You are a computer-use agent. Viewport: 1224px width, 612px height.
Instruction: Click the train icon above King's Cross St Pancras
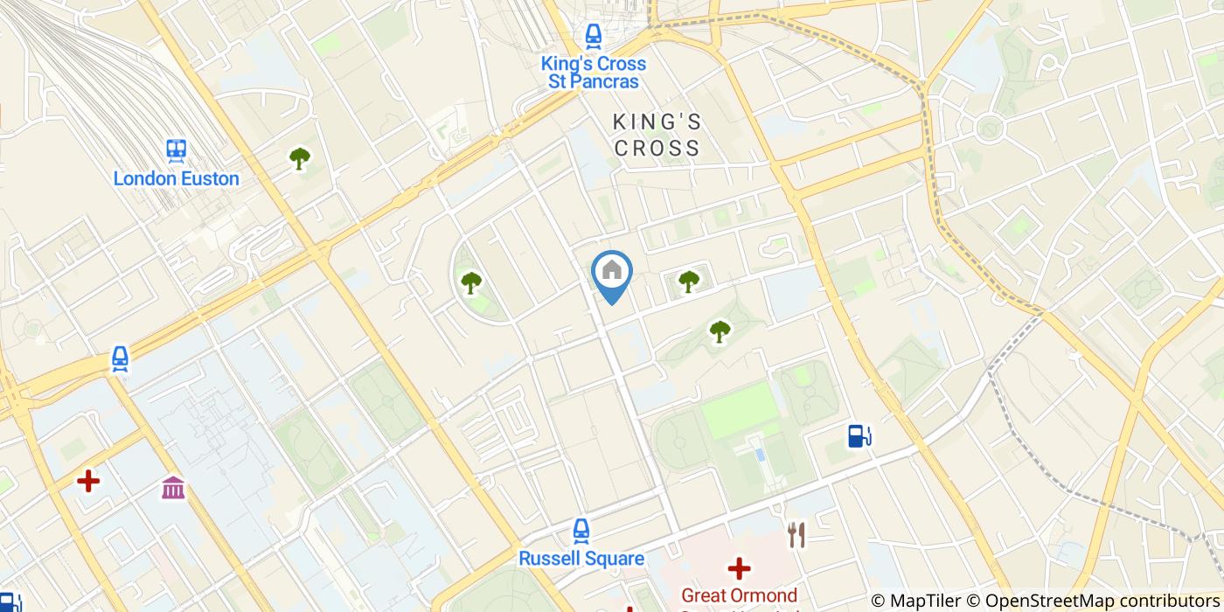click(x=594, y=36)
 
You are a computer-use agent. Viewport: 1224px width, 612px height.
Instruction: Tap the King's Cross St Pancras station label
click(x=594, y=73)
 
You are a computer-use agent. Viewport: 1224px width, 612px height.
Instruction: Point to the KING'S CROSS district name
click(x=657, y=135)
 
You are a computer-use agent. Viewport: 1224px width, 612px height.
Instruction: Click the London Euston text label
click(x=176, y=179)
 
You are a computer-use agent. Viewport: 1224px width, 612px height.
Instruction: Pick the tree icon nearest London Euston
click(x=300, y=158)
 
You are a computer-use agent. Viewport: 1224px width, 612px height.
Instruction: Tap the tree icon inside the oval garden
click(x=471, y=282)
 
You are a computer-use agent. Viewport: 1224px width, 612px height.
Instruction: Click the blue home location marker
click(x=612, y=273)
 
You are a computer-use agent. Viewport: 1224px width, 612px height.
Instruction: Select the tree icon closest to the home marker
click(x=689, y=281)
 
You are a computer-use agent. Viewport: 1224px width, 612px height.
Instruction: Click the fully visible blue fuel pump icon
click(x=859, y=435)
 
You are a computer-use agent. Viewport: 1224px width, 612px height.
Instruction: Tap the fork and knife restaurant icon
click(x=796, y=534)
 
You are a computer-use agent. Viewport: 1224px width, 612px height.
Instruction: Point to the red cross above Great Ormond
click(x=739, y=569)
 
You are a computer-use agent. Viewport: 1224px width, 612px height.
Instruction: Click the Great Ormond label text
click(x=739, y=596)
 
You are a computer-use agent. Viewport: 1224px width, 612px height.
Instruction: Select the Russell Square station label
click(x=581, y=559)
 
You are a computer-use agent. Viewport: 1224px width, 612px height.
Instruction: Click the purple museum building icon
click(x=173, y=487)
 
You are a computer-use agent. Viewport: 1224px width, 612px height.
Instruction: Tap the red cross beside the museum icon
click(x=87, y=481)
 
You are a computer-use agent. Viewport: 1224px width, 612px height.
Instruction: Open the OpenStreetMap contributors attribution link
click(x=1101, y=601)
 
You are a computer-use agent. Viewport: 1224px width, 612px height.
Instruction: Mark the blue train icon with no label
click(x=120, y=358)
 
